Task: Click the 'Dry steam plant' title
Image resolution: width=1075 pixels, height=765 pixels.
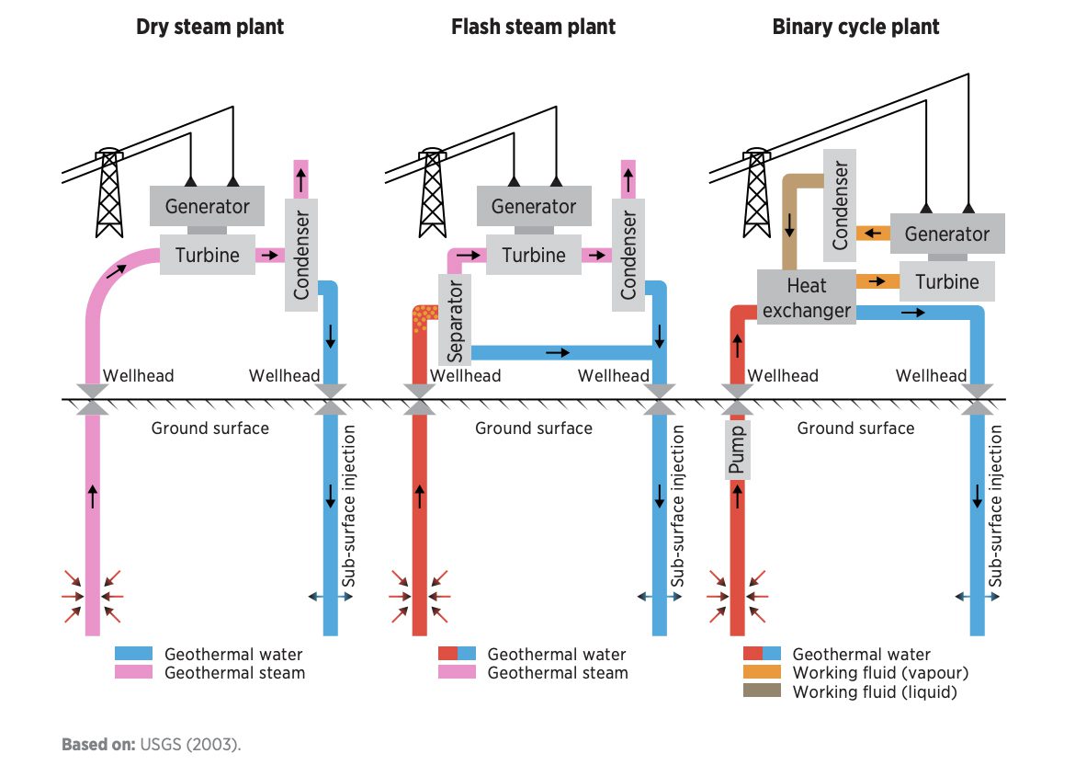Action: click(209, 27)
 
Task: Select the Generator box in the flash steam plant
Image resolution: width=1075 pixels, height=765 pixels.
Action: click(533, 206)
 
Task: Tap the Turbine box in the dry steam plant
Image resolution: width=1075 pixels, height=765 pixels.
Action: click(207, 255)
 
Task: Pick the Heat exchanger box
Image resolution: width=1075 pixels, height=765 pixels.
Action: click(806, 298)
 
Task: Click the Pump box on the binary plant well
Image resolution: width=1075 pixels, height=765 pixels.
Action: click(737, 448)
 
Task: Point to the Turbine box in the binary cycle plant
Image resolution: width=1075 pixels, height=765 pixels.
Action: click(946, 281)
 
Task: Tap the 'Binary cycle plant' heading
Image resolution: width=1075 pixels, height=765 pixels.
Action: click(855, 27)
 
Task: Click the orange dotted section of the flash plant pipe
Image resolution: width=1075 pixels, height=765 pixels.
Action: click(424, 318)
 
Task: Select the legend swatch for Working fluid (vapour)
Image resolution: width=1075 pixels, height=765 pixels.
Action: click(762, 673)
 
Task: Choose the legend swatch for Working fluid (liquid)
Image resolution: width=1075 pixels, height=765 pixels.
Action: click(762, 691)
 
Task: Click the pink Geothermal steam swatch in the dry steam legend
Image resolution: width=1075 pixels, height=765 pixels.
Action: click(133, 673)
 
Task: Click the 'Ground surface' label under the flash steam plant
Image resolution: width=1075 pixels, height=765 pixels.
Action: click(533, 428)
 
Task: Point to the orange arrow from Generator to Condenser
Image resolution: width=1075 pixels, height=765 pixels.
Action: click(872, 234)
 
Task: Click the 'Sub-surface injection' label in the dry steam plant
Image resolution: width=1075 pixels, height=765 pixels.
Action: click(349, 507)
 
